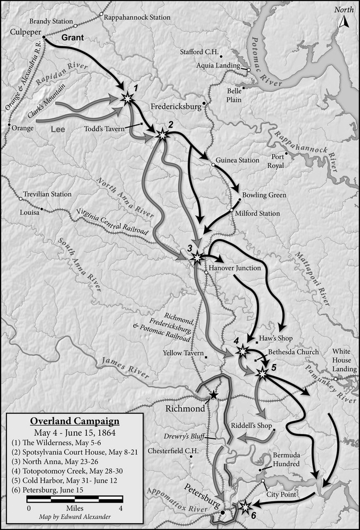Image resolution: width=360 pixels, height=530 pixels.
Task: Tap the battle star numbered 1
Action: click(x=127, y=98)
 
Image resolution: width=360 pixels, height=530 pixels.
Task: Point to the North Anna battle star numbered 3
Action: click(x=197, y=258)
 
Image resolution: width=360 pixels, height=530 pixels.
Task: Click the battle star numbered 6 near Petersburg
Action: click(x=245, y=507)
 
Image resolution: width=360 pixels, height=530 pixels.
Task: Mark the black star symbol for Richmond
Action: click(x=213, y=395)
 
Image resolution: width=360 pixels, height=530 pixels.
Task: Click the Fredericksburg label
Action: click(x=176, y=106)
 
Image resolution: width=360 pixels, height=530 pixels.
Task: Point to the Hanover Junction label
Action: click(x=235, y=268)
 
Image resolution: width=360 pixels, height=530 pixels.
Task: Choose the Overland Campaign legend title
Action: click(x=74, y=421)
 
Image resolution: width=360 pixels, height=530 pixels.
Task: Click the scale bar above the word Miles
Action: click(x=75, y=499)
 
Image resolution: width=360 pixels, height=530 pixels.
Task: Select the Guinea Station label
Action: click(x=238, y=160)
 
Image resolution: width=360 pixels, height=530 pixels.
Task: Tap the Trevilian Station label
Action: click(x=47, y=194)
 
